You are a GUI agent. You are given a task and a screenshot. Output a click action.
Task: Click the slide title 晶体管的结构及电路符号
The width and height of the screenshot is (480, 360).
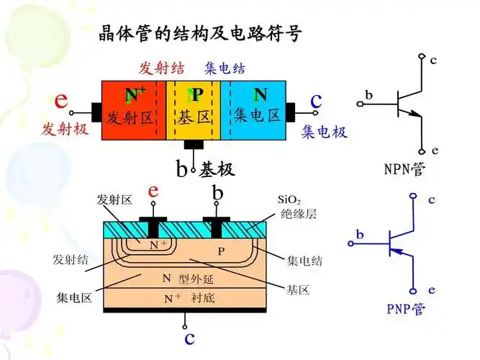[x=199, y=33]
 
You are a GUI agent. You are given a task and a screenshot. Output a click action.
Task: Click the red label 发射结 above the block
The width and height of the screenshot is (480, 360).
[x=162, y=68]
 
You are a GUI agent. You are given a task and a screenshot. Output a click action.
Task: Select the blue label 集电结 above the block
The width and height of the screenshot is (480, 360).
[x=225, y=68]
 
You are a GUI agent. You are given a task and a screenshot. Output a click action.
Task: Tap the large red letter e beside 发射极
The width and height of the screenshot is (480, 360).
[x=62, y=101]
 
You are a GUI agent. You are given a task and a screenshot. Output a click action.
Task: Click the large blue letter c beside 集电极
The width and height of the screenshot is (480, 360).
[x=315, y=101]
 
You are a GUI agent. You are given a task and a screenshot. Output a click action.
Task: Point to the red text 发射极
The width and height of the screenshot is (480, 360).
[x=63, y=130]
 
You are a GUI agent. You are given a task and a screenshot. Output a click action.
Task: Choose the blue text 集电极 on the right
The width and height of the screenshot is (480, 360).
[x=324, y=132]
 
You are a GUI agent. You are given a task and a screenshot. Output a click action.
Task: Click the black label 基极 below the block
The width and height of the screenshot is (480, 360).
[x=217, y=170]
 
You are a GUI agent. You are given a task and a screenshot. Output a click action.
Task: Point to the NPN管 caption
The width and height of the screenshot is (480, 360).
[x=404, y=170]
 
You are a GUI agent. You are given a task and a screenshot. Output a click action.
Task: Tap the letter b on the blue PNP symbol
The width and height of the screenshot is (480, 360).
[x=360, y=234]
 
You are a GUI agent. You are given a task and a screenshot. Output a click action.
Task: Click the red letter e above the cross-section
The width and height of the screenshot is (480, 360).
[x=153, y=191]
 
